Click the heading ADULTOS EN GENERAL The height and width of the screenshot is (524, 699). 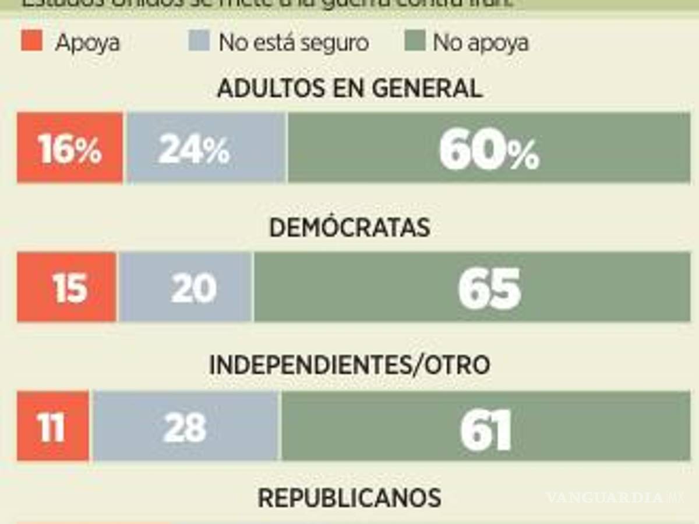pyautogui.click(x=349, y=88)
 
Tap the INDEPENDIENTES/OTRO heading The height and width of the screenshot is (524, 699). pyautogui.click(x=349, y=365)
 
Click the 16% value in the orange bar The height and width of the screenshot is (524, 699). pyautogui.click(x=70, y=150)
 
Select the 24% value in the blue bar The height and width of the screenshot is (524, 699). pyautogui.click(x=194, y=150)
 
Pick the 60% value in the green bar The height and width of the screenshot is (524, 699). pyautogui.click(x=489, y=151)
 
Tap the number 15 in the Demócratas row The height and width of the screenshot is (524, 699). pyautogui.click(x=70, y=288)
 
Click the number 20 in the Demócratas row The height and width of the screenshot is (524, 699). pyautogui.click(x=193, y=288)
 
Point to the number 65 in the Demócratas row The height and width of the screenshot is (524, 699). pyautogui.click(x=489, y=289)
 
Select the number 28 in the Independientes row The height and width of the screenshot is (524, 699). pyautogui.click(x=185, y=428)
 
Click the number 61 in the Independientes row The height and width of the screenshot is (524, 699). pyautogui.click(x=486, y=429)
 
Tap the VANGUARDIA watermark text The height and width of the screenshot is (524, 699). pyautogui.click(x=606, y=498)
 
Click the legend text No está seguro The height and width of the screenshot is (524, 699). pyautogui.click(x=294, y=43)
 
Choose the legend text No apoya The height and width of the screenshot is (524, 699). pyautogui.click(x=481, y=43)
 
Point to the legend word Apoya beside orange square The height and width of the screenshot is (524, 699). pyautogui.click(x=87, y=43)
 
